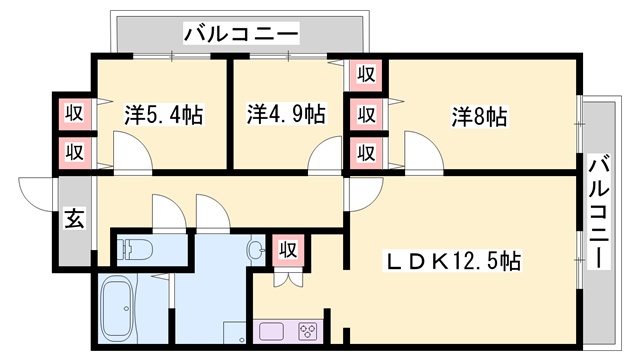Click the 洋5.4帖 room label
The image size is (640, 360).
coord(164,114)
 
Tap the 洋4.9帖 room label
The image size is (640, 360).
coord(286,114)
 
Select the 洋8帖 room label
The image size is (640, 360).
coord(479,114)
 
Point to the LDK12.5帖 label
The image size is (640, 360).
coord(452,261)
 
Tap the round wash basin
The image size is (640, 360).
coord(256,248)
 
